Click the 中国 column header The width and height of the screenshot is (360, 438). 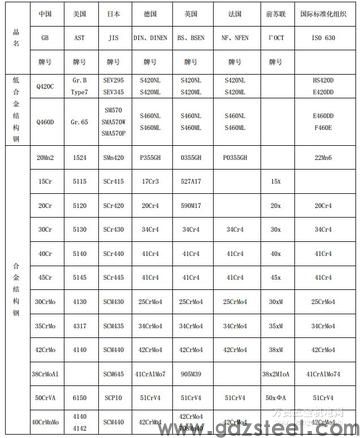(44, 15)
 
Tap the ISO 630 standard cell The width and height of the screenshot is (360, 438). (323, 37)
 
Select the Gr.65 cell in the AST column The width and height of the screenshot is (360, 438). (79, 121)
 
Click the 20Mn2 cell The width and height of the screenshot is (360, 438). (44, 157)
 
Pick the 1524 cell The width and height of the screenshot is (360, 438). (79, 157)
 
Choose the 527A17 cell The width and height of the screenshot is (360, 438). (191, 181)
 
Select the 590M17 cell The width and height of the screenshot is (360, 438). (191, 205)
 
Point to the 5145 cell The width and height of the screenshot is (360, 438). (79, 277)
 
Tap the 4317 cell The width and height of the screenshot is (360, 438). (79, 325)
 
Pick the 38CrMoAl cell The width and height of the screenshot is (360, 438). (44, 373)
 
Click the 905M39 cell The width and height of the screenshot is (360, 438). (191, 373)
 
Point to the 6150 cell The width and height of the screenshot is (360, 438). (79, 397)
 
